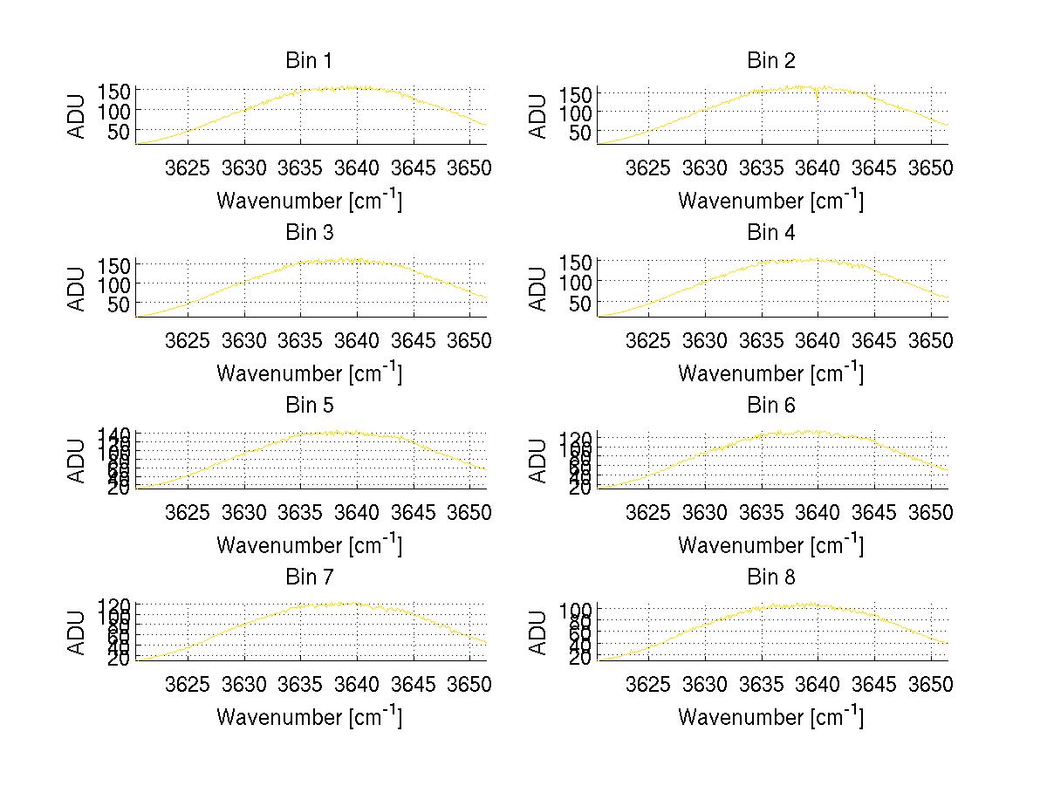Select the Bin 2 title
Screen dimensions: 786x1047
tap(770, 61)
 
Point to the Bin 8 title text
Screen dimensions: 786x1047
tap(770, 578)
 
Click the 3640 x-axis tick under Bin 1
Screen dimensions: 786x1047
tap(357, 167)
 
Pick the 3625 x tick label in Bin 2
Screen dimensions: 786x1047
tap(648, 167)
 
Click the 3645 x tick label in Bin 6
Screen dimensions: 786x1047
tap(874, 511)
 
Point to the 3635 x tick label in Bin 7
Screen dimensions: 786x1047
tap(300, 683)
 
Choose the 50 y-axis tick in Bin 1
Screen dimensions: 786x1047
tap(120, 131)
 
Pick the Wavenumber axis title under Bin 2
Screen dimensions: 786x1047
tap(770, 200)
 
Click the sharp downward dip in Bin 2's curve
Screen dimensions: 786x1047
tap(818, 97)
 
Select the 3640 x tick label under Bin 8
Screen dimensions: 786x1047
tap(818, 683)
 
